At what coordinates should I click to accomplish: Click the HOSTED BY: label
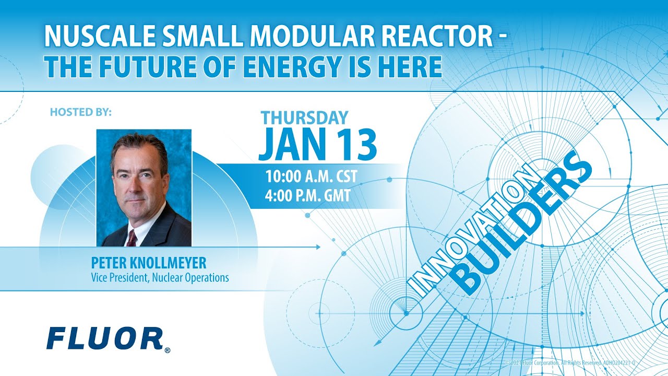pos(81,112)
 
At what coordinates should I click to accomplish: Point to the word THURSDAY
pos(304,118)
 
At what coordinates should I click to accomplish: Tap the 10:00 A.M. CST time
pos(311,177)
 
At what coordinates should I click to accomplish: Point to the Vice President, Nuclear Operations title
pos(160,278)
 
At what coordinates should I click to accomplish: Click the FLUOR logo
pos(104,338)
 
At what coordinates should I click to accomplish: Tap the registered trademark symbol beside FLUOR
pos(167,350)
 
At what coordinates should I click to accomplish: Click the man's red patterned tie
pos(132,238)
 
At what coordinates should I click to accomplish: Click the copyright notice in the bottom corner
pos(569,362)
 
